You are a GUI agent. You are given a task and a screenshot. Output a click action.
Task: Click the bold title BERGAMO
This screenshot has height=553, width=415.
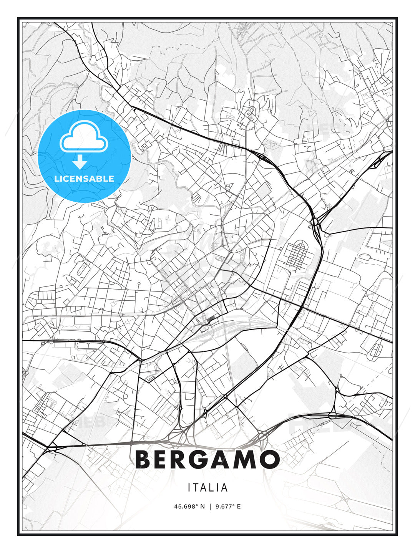click(x=207, y=459)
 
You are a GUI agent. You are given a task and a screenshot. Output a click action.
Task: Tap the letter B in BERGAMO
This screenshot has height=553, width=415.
click(x=143, y=459)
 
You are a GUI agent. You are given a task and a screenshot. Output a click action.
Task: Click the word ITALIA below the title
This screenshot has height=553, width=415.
click(x=207, y=488)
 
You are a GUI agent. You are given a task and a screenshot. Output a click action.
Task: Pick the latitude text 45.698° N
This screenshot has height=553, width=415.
click(x=189, y=507)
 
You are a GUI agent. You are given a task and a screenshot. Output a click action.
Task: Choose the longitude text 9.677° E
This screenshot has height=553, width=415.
click(x=228, y=507)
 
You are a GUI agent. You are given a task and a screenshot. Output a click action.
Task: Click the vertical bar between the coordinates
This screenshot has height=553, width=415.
click(x=210, y=507)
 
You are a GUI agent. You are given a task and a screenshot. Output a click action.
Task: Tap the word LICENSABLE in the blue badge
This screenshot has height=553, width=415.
click(x=84, y=179)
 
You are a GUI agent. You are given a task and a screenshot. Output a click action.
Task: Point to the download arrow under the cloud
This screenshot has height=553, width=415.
click(x=80, y=162)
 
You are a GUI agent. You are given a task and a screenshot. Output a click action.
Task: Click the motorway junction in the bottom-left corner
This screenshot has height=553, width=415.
click(x=49, y=447)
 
